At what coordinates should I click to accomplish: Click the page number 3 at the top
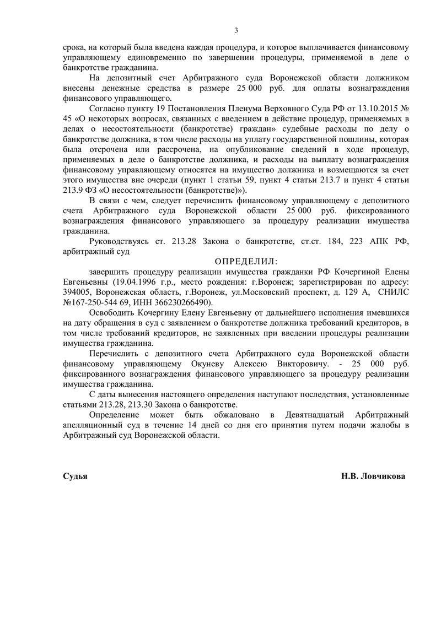tap(236, 30)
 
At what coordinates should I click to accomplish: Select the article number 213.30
tap(140, 404)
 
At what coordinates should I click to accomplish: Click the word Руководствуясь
tap(120, 243)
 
